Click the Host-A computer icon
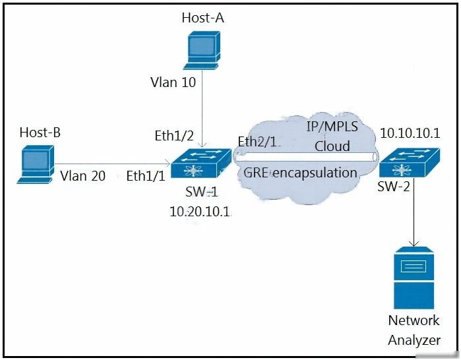[x=202, y=50]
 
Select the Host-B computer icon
[x=36, y=164]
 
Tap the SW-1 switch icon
[x=201, y=163]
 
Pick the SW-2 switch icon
[x=410, y=162]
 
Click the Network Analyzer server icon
[x=414, y=278]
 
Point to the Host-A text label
[x=203, y=18]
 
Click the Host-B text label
[x=40, y=133]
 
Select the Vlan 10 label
[x=173, y=82]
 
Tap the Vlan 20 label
[x=82, y=176]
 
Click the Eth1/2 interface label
[x=174, y=136]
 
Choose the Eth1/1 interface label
[x=146, y=176]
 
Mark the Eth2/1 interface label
[x=257, y=142]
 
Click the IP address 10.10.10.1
[x=410, y=133]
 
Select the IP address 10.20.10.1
[x=200, y=211]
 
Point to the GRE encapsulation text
[x=300, y=173]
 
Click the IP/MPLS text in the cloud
[x=332, y=127]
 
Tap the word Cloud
[x=332, y=146]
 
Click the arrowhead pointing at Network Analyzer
[x=414, y=243]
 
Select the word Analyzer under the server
[x=414, y=340]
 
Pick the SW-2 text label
[x=393, y=186]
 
